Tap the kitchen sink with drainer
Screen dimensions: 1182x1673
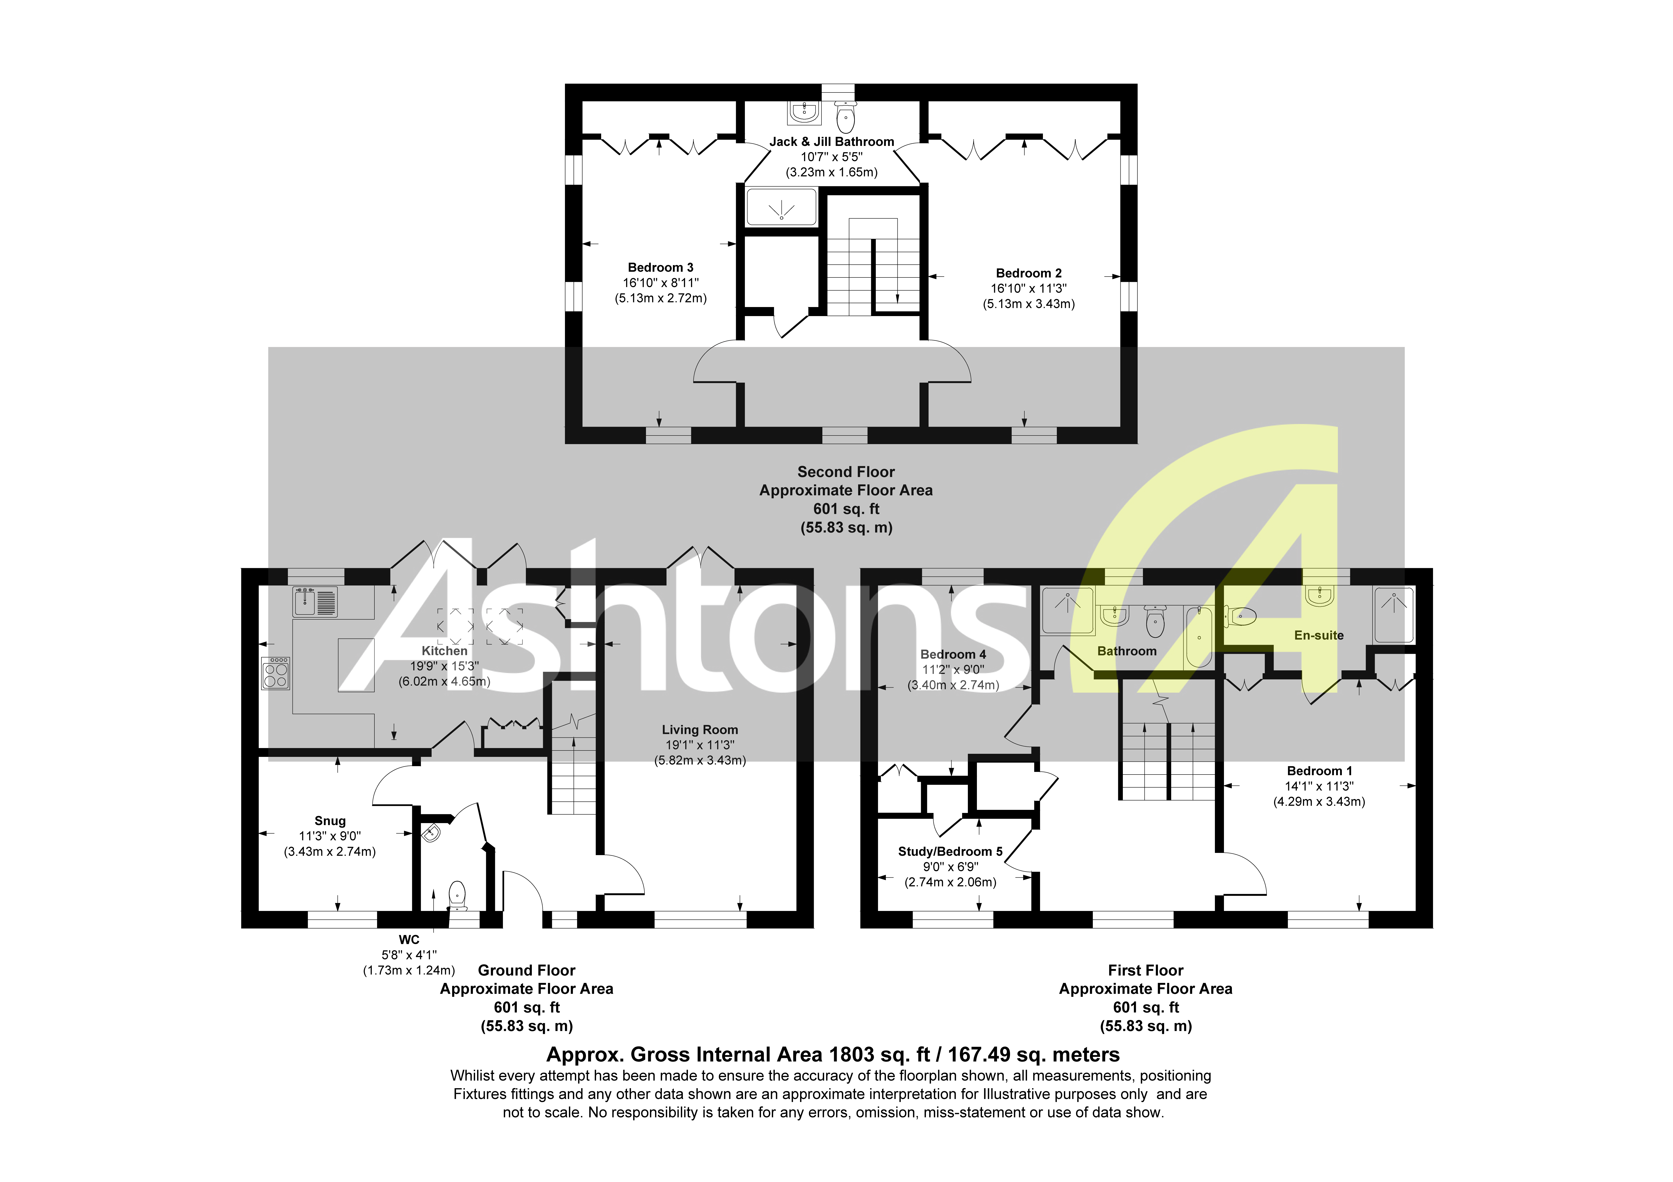point(315,602)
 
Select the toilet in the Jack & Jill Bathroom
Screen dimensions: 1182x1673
point(845,117)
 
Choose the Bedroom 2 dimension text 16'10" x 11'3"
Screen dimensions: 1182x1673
point(1028,288)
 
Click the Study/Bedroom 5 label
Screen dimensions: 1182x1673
point(950,851)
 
